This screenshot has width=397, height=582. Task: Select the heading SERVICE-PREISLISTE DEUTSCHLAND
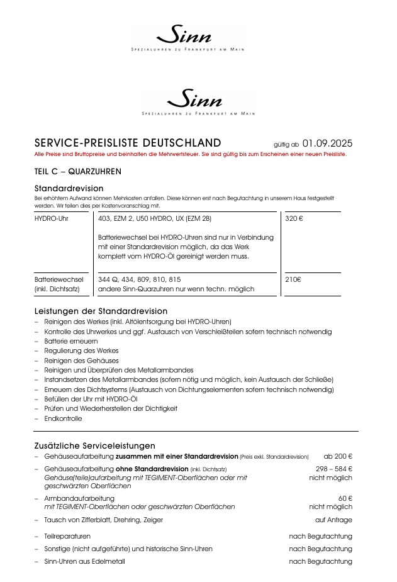pyautogui.click(x=128, y=143)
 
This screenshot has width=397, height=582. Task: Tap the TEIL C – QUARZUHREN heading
pyautogui.click(x=78, y=171)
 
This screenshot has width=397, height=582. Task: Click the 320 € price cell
pyautogui.click(x=294, y=219)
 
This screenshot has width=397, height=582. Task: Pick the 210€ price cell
pyautogui.click(x=293, y=279)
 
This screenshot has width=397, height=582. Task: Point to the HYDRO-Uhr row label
pyautogui.click(x=52, y=219)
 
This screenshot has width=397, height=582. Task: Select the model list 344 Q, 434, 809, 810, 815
pyautogui.click(x=140, y=279)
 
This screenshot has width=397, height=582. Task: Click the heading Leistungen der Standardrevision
pyautogui.click(x=101, y=311)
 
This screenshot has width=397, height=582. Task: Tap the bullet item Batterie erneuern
pyautogui.click(x=70, y=341)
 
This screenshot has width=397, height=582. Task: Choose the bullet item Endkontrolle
pyautogui.click(x=63, y=418)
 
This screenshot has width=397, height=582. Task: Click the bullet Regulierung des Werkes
pyautogui.click(x=81, y=350)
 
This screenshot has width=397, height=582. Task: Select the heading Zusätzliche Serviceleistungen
pyautogui.click(x=94, y=445)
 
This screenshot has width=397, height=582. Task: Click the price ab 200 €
pyautogui.click(x=338, y=456)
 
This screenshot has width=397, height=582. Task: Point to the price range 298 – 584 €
pyautogui.click(x=333, y=469)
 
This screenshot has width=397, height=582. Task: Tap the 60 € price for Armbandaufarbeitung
pyautogui.click(x=345, y=498)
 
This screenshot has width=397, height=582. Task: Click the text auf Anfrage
pyautogui.click(x=333, y=520)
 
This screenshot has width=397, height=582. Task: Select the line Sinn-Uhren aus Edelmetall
pyautogui.click(x=84, y=561)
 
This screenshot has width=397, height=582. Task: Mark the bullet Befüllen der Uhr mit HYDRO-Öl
pyautogui.click(x=91, y=399)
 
